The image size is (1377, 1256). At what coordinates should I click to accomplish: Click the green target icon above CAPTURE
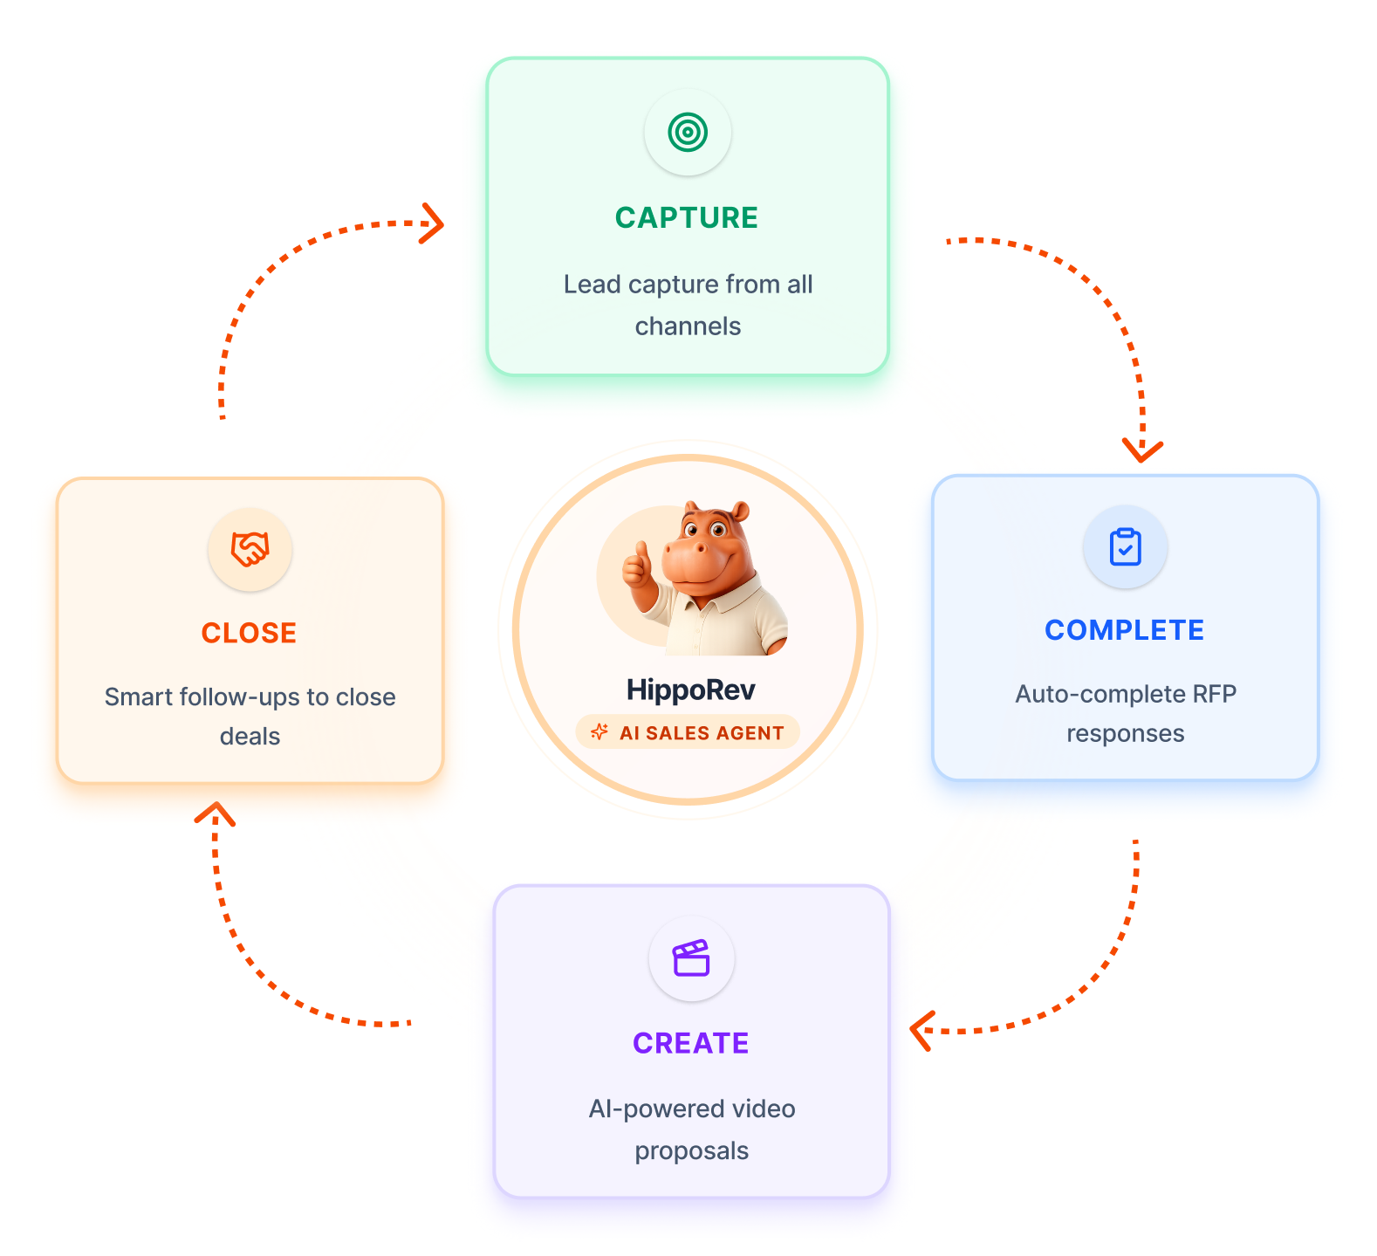(x=688, y=133)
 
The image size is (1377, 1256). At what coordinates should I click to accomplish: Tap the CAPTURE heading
(x=687, y=218)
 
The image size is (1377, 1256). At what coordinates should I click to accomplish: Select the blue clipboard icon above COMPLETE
(x=1126, y=547)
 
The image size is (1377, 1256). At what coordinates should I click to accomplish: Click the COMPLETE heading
(x=1125, y=630)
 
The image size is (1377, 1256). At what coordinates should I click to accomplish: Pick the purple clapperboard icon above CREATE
(x=691, y=957)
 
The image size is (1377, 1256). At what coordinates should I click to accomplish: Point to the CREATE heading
(x=691, y=1043)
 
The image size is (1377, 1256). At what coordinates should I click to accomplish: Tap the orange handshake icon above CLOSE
(x=250, y=549)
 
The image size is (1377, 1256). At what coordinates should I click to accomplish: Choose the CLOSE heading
(x=250, y=633)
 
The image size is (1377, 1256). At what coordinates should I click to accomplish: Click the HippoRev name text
(x=691, y=690)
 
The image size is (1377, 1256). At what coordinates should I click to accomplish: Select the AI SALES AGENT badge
(x=688, y=732)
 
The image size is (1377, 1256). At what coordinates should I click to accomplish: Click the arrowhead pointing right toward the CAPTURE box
(x=433, y=223)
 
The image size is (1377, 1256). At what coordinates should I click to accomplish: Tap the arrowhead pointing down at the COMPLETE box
(x=1142, y=450)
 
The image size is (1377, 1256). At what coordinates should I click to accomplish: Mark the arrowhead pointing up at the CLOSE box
(x=215, y=813)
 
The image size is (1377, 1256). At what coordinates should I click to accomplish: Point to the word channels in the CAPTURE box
(x=688, y=326)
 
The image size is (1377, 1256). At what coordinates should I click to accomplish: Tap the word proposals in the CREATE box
(x=692, y=1151)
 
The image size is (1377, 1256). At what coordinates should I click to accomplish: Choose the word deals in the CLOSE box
(x=250, y=737)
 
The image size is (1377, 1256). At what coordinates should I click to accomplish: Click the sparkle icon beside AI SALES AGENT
(x=599, y=732)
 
